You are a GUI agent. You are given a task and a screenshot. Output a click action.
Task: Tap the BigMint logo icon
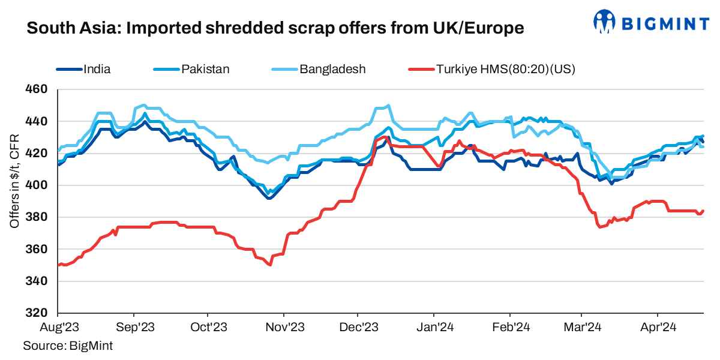pos(605,22)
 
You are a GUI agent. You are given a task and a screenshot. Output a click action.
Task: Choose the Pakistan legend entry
pos(205,69)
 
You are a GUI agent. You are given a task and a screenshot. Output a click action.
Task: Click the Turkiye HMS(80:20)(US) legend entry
pos(505,69)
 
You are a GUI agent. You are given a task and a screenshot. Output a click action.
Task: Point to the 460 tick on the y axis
pos(37,90)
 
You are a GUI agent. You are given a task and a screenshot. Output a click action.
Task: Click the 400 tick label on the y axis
pos(37,185)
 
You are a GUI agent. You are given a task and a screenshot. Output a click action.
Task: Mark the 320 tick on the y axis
pos(37,313)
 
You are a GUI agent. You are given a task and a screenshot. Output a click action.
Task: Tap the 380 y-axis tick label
pos(37,217)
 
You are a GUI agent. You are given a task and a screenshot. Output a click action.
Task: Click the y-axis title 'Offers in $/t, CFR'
pos(14,181)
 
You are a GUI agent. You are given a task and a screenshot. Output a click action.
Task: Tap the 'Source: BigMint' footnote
pos(68,346)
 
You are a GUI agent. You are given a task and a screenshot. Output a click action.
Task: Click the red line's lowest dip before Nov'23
pos(271,265)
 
